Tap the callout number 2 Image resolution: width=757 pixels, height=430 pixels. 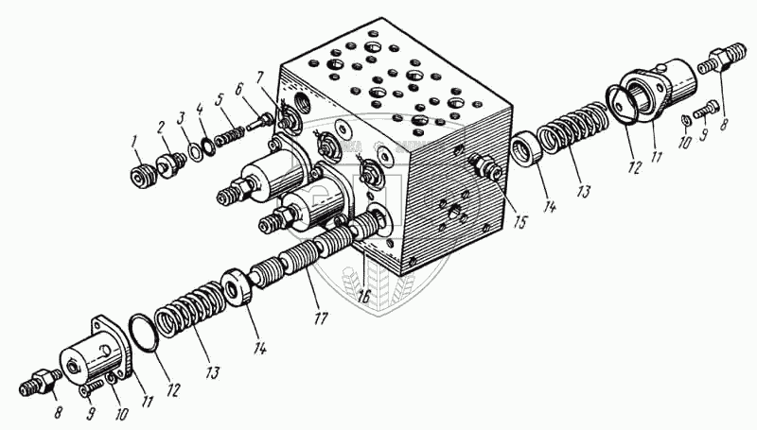[160, 126]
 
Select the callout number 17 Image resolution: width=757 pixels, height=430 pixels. [321, 318]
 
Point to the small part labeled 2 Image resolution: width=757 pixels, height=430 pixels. [171, 163]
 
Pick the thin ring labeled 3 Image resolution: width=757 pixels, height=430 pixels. [193, 151]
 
